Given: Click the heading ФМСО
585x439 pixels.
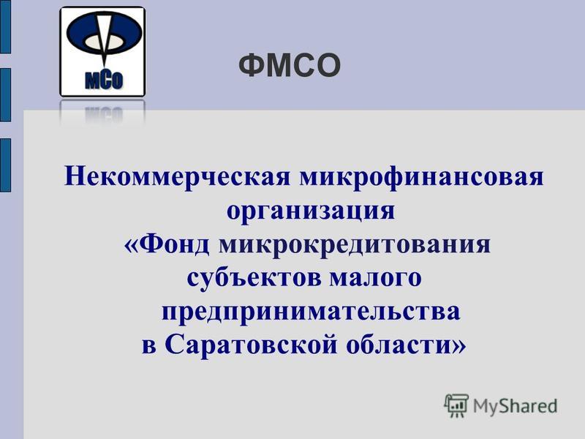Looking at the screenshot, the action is pos(290,65).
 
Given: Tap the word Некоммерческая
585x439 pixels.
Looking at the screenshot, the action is pos(177,176).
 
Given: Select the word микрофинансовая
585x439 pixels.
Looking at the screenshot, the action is pos(422,176).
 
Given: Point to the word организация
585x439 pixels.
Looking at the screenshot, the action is pos(311,211).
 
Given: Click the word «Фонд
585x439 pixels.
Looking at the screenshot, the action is pos(167,244).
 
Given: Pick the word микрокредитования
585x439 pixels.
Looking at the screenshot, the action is pos(355,245).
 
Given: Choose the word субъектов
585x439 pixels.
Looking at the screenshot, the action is pos(254,278).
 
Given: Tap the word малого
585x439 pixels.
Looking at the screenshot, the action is pos(376,279).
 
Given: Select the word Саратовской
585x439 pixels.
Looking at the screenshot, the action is pos(251,345).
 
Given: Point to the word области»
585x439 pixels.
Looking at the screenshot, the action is pos(407,344).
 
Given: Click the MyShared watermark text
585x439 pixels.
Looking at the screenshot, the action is pos(516,406).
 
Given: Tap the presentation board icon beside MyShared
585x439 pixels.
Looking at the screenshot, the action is pos(456,405).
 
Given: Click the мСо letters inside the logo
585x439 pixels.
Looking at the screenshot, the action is pos(104,80).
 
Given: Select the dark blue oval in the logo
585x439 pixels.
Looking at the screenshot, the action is pos(104,34).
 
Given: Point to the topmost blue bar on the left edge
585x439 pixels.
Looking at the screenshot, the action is pos(5,26).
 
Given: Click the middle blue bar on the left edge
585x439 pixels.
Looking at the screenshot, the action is pos(5,95).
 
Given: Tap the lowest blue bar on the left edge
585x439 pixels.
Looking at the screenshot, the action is pos(5,165).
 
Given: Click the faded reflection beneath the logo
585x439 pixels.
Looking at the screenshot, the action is pos(102,112).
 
